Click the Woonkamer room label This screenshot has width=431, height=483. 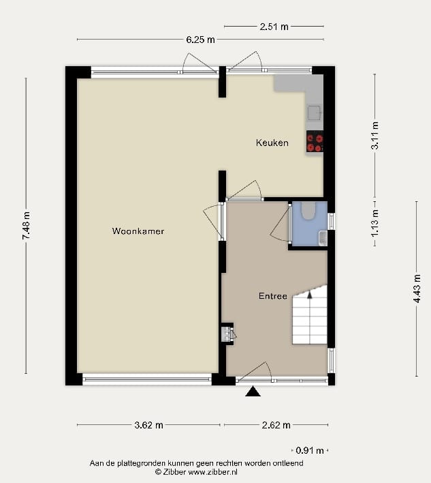pos(138,231)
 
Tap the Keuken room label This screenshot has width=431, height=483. pos(272,143)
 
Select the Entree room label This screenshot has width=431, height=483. pos(272,296)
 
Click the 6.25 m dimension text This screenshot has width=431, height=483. pos(201,40)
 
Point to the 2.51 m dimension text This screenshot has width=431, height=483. pos(274,27)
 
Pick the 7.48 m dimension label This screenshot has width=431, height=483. pos(26,225)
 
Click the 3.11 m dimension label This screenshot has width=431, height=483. pos(374,136)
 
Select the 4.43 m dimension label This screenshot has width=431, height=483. pos(417,298)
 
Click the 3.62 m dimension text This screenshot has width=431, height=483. pos(148,425)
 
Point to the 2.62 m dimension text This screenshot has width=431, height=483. pos(276,425)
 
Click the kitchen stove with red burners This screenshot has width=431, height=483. pos(315,142)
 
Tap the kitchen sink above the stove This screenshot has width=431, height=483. pos(314,113)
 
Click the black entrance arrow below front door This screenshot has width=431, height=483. pos(253,391)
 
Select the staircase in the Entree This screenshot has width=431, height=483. pos(310,317)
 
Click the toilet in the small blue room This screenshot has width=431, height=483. pos(307,211)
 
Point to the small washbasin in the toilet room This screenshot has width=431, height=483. pos(323,237)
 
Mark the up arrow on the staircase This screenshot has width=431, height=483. pos(310,295)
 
